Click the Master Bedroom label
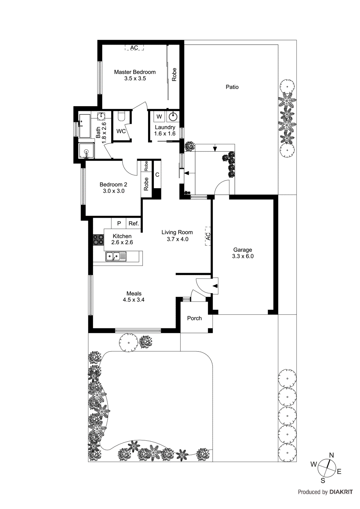(135, 72)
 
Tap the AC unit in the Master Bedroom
(134, 48)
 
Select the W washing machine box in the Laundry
(159, 116)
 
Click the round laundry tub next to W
(173, 116)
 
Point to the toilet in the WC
(121, 117)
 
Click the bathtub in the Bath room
(85, 126)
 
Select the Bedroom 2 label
(113, 185)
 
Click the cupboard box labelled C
(157, 175)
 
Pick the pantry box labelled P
(119, 223)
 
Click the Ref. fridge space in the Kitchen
(134, 223)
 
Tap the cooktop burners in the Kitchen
(98, 240)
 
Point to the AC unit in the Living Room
(208, 236)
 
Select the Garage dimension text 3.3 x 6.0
(243, 256)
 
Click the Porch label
(194, 318)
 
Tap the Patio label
(232, 87)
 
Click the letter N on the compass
(331, 455)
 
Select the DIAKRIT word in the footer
(341, 492)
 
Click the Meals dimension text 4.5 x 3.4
(134, 300)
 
